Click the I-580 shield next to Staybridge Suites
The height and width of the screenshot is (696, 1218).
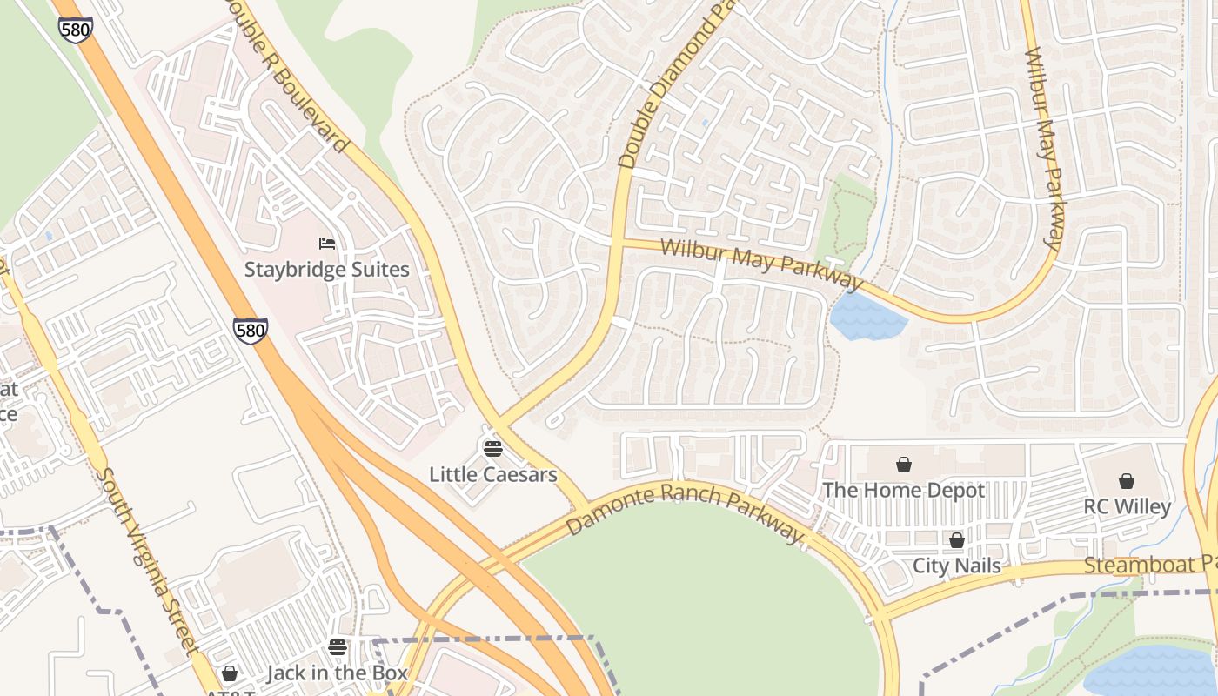(250, 330)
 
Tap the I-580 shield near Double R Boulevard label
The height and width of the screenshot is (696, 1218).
(76, 28)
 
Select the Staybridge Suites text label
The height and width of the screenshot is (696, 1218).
(326, 270)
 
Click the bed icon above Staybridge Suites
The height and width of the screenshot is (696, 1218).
(327, 244)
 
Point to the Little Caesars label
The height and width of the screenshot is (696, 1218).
(492, 475)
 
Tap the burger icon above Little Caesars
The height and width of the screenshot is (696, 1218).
(492, 449)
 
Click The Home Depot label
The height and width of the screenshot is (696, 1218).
(903, 491)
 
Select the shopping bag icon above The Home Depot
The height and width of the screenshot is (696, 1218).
(904, 465)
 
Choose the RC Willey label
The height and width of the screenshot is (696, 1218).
(1127, 506)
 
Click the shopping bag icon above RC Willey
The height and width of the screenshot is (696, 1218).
(1127, 481)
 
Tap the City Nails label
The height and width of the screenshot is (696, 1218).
(956, 565)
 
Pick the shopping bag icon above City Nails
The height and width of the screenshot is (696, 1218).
(957, 540)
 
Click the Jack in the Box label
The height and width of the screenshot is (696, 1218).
(337, 673)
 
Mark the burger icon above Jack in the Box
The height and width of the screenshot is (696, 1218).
(338, 647)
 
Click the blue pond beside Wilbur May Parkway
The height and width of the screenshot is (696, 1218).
(866, 317)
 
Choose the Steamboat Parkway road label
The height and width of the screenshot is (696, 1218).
(1148, 565)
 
